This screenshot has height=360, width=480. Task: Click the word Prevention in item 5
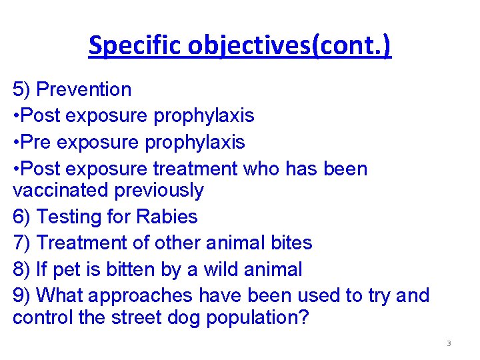84,89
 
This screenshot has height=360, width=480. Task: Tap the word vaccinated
61,191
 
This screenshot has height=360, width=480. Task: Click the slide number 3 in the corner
449,344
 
